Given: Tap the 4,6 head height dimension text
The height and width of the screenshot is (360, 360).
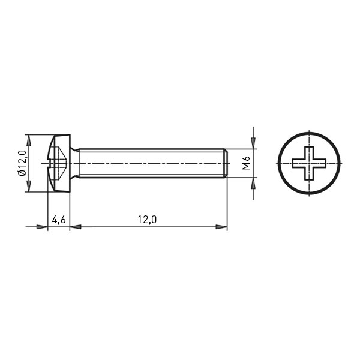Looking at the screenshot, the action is (x=59, y=220).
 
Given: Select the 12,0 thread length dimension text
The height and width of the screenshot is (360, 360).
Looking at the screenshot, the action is (x=147, y=220).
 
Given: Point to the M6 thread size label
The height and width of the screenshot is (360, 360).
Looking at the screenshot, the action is (x=246, y=163).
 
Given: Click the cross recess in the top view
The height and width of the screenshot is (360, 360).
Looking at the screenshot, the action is (x=309, y=163).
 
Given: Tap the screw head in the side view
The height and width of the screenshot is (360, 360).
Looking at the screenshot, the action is (x=59, y=163).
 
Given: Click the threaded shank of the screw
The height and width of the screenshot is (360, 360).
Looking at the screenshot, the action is (x=152, y=163).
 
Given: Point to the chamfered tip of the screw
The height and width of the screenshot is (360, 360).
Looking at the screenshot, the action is (x=226, y=163).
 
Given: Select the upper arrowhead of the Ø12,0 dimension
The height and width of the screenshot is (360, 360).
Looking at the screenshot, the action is (x=29, y=140).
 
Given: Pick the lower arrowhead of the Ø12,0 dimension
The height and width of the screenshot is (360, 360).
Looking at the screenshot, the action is (x=29, y=186).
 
